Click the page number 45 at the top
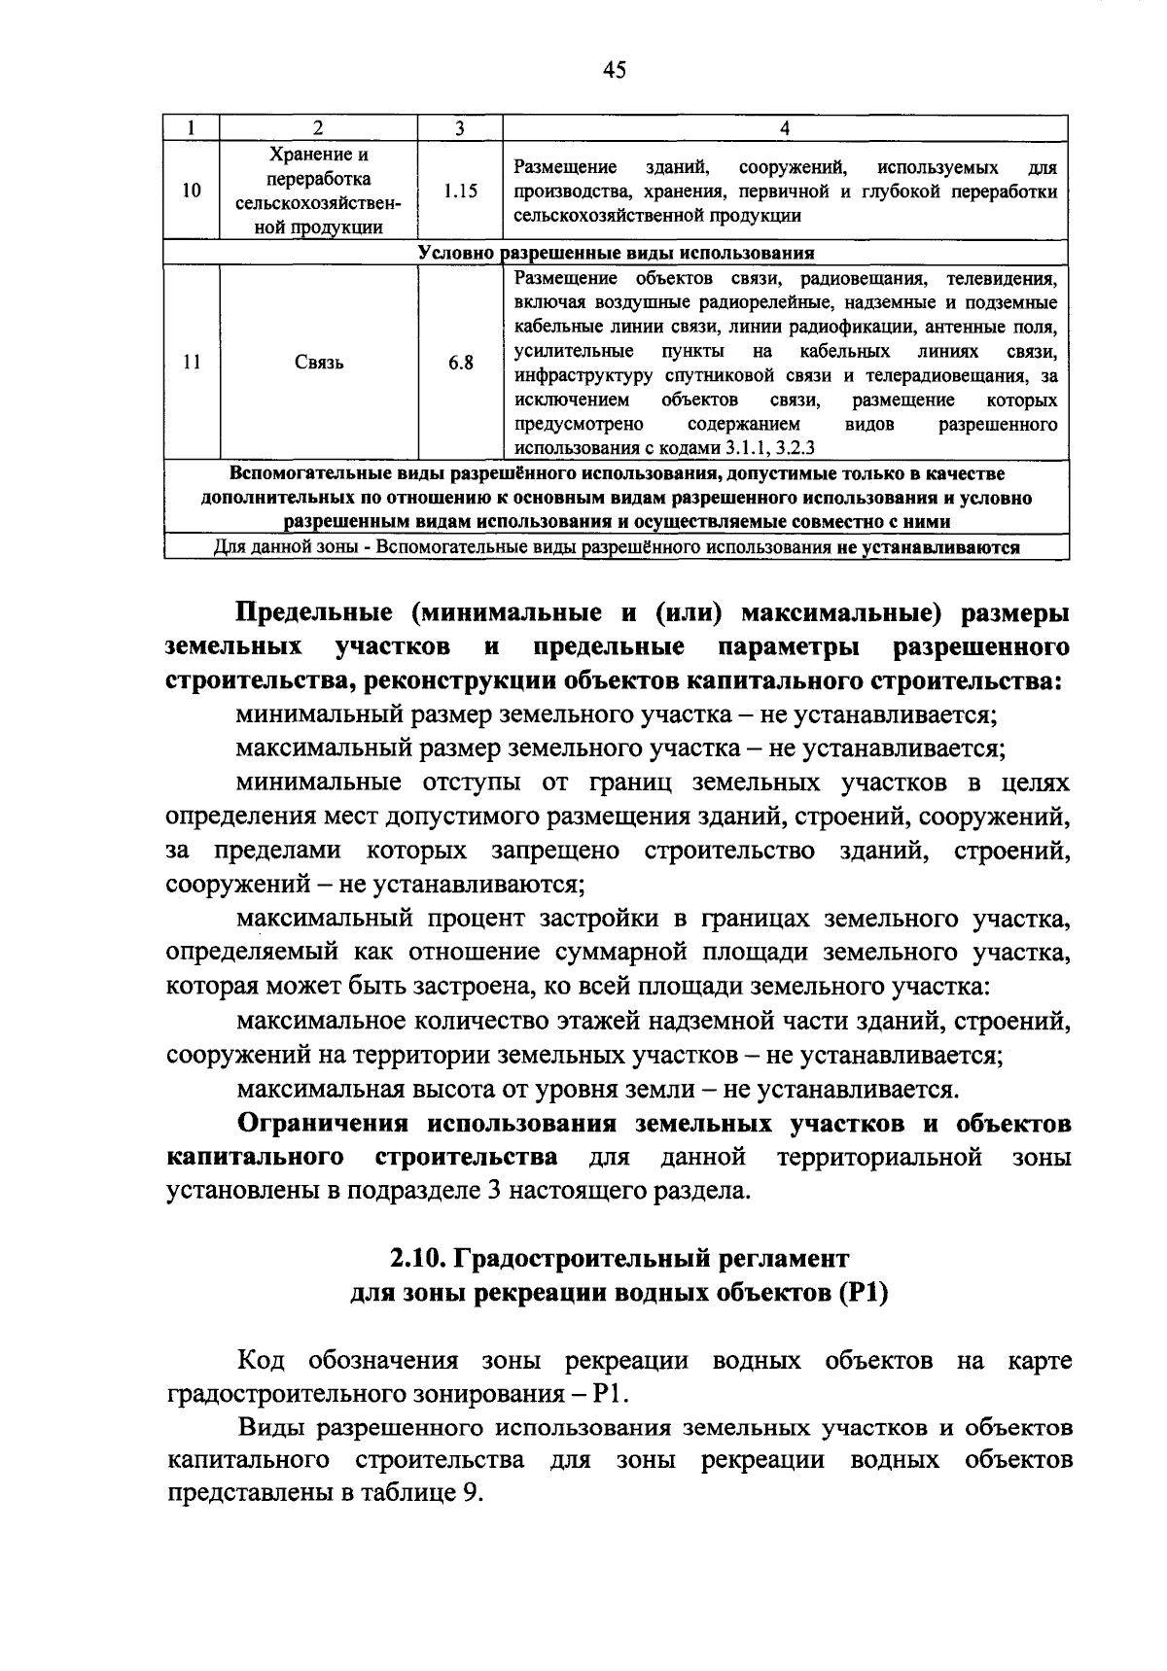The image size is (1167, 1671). (614, 69)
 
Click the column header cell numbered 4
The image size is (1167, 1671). (785, 127)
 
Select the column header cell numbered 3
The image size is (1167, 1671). (460, 127)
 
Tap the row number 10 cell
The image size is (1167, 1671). (192, 191)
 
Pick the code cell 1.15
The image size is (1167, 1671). (460, 191)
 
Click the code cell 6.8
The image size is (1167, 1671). (460, 363)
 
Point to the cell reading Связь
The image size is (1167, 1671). (318, 363)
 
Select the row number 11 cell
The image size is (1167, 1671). (192, 363)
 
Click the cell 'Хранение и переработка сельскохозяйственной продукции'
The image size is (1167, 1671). (318, 191)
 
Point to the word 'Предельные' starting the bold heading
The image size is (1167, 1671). (313, 614)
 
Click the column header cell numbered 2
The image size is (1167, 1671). (318, 127)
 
